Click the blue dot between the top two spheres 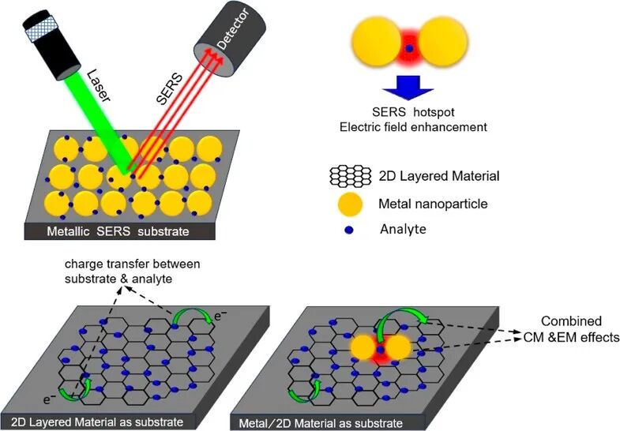coord(408,47)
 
